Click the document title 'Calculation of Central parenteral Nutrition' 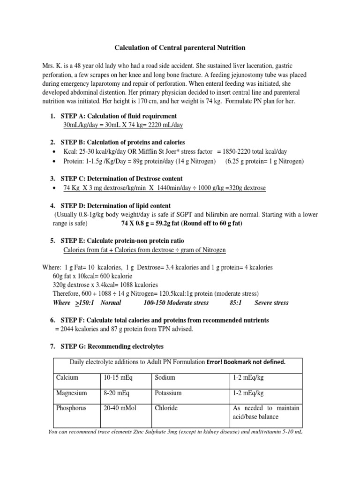[180, 48]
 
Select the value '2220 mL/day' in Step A [165, 125]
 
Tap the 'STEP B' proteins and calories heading [122, 142]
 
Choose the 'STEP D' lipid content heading [115, 206]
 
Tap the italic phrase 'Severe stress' [271, 303]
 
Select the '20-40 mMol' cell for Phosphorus [119, 408]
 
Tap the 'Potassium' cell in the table [168, 393]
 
